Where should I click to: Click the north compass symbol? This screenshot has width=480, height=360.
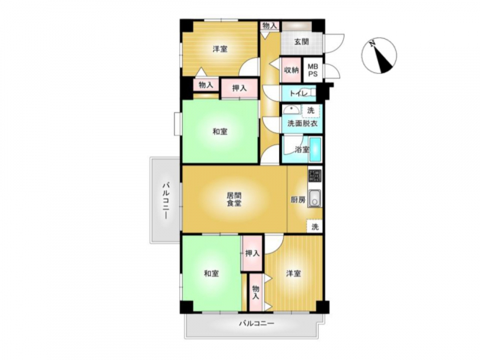click(x=379, y=55)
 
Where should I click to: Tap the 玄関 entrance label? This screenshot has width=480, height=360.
click(x=301, y=41)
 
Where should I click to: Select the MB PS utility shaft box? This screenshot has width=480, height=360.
click(x=313, y=70)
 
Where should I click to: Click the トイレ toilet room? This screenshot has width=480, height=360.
click(x=298, y=94)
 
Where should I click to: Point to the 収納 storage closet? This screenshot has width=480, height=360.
click(x=291, y=70)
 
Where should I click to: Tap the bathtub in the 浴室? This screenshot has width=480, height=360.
click(x=315, y=149)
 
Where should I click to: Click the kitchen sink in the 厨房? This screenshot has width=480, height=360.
click(x=314, y=199)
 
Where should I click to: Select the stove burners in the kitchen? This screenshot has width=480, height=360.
click(x=315, y=176)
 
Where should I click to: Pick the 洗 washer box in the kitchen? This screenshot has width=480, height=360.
click(x=314, y=227)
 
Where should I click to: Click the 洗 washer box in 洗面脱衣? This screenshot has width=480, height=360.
click(x=311, y=111)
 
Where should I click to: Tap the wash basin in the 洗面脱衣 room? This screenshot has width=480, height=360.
click(x=291, y=110)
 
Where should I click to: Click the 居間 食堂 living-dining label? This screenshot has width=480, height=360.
click(x=234, y=199)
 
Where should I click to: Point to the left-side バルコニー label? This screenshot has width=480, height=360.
click(x=166, y=200)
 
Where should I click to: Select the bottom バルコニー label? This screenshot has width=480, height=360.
click(x=257, y=323)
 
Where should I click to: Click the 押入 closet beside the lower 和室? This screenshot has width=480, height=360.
click(x=252, y=253)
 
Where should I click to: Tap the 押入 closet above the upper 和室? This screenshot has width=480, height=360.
click(x=239, y=88)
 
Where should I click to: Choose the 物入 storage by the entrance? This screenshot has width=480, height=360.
click(x=269, y=26)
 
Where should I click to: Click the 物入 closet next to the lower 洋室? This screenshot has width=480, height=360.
click(x=256, y=292)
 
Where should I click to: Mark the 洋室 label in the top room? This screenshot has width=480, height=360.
click(x=220, y=49)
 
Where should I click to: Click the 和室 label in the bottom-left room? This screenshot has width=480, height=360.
click(x=212, y=274)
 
